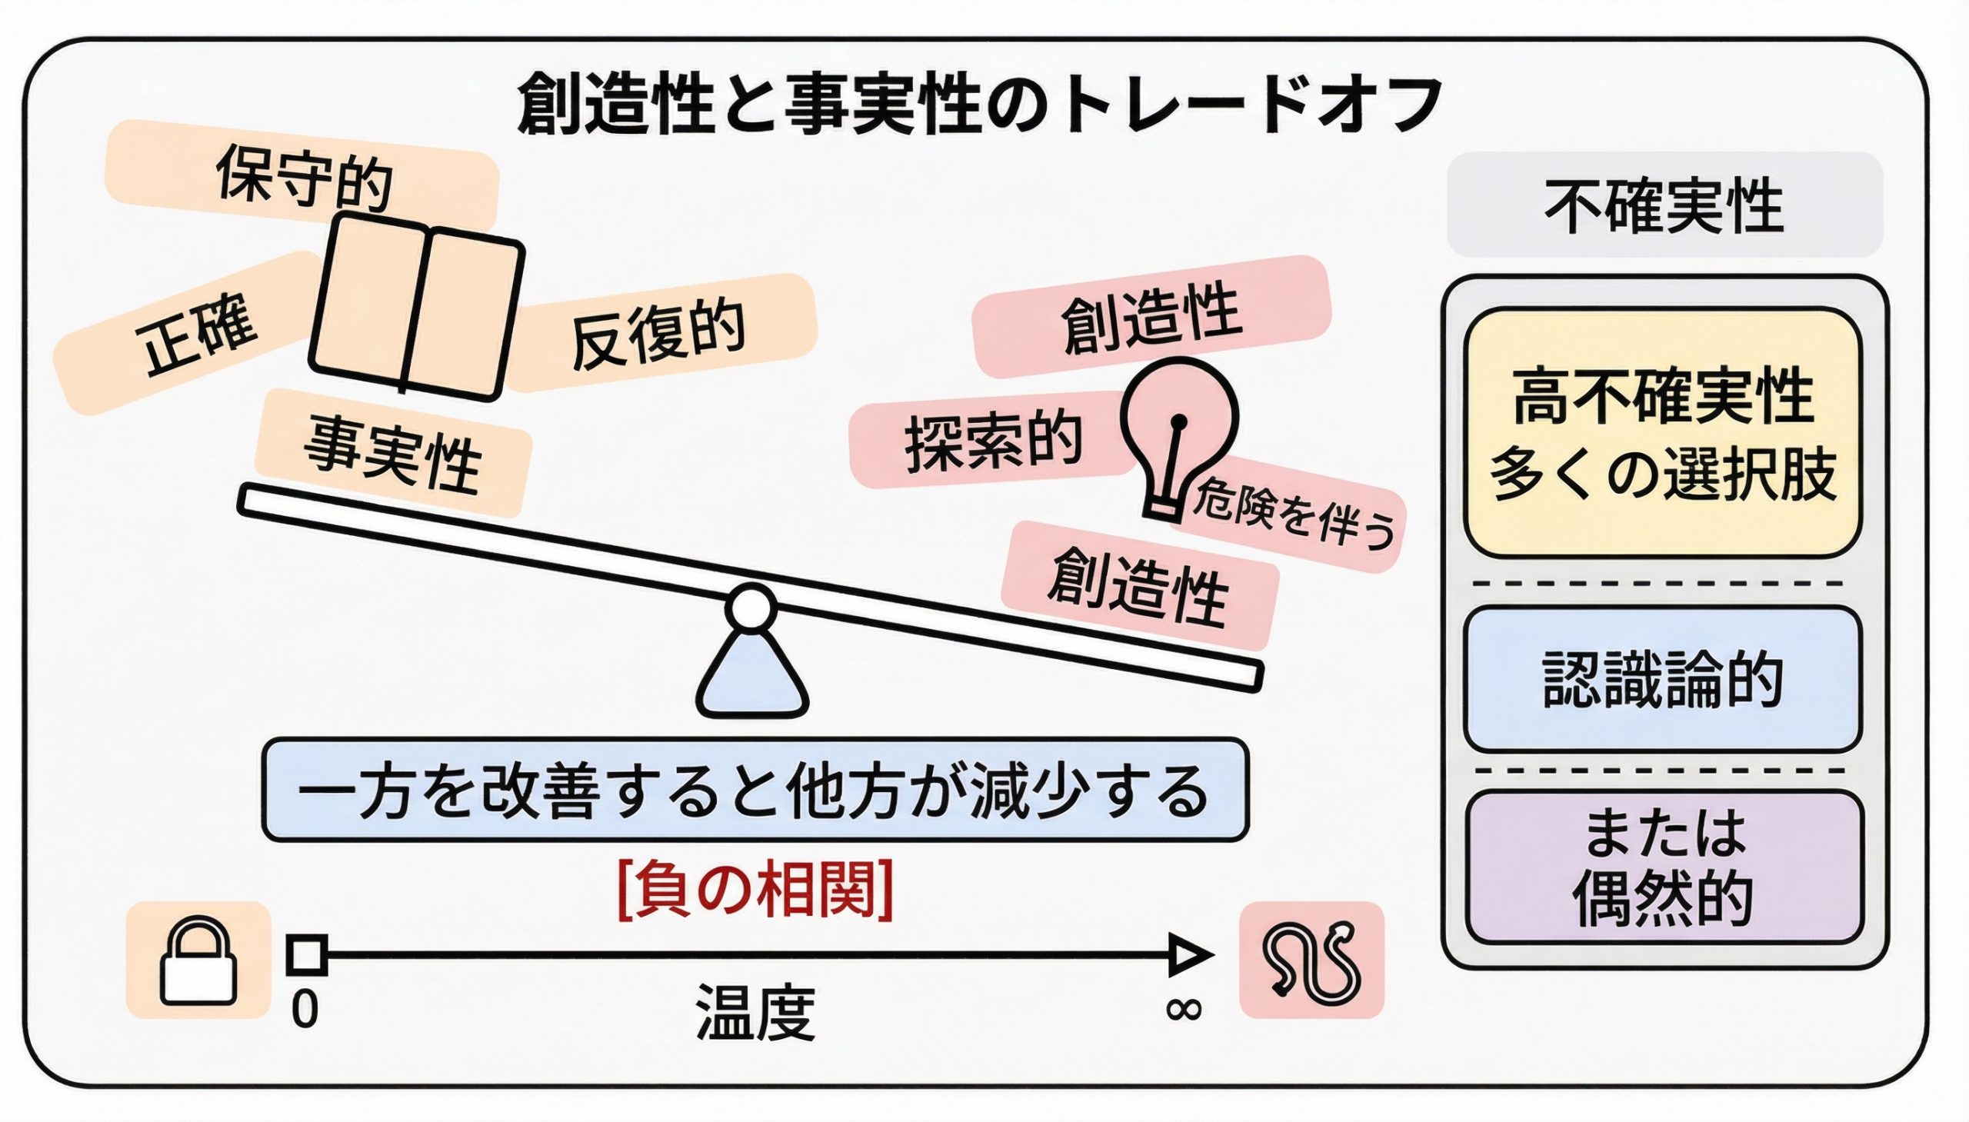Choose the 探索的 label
click(994, 440)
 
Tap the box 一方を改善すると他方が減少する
click(755, 790)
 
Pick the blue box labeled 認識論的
click(1663, 679)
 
